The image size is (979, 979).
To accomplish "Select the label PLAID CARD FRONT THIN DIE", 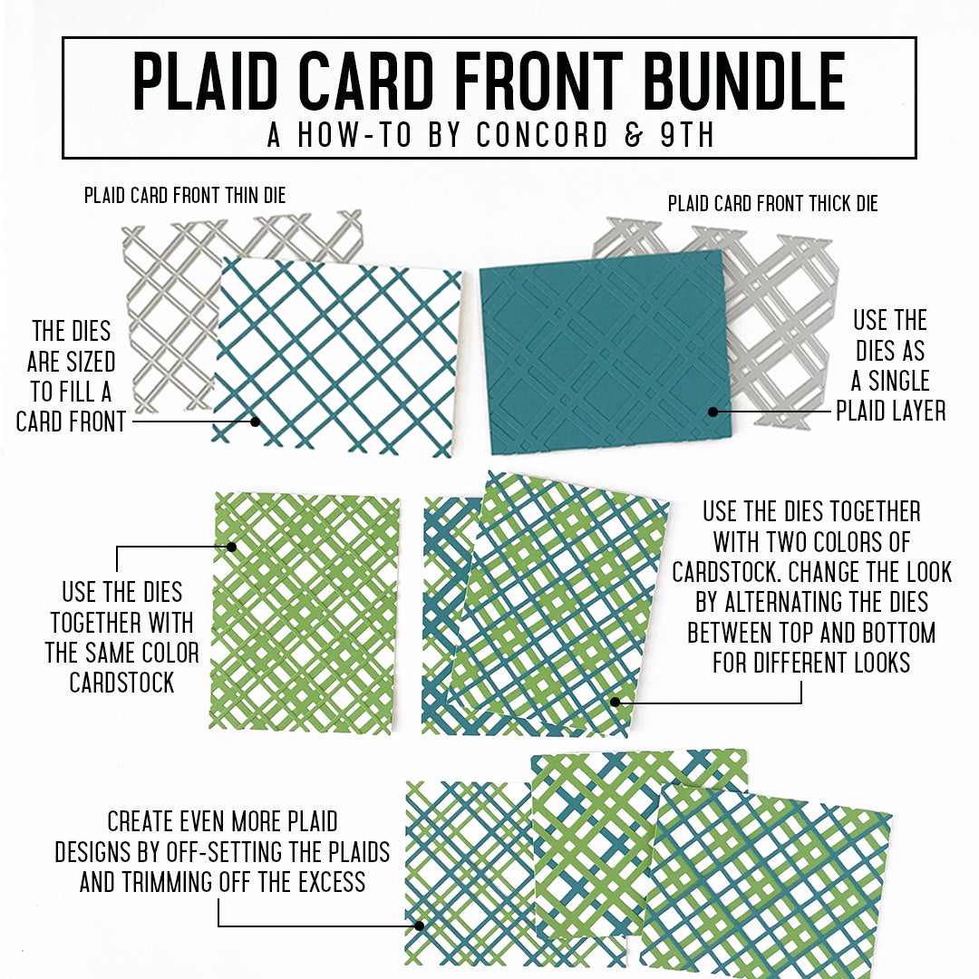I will click(x=185, y=195).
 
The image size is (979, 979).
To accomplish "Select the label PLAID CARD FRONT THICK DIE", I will click(x=772, y=204).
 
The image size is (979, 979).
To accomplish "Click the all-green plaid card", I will click(x=304, y=612).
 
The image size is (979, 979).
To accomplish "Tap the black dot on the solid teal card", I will click(x=713, y=412).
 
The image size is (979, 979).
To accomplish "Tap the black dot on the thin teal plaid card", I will click(x=256, y=421).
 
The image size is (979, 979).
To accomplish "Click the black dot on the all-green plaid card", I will click(x=232, y=547).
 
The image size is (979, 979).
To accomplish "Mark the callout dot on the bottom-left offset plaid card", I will click(x=419, y=926).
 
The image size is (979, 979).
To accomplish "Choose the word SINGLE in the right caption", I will click(x=890, y=381).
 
